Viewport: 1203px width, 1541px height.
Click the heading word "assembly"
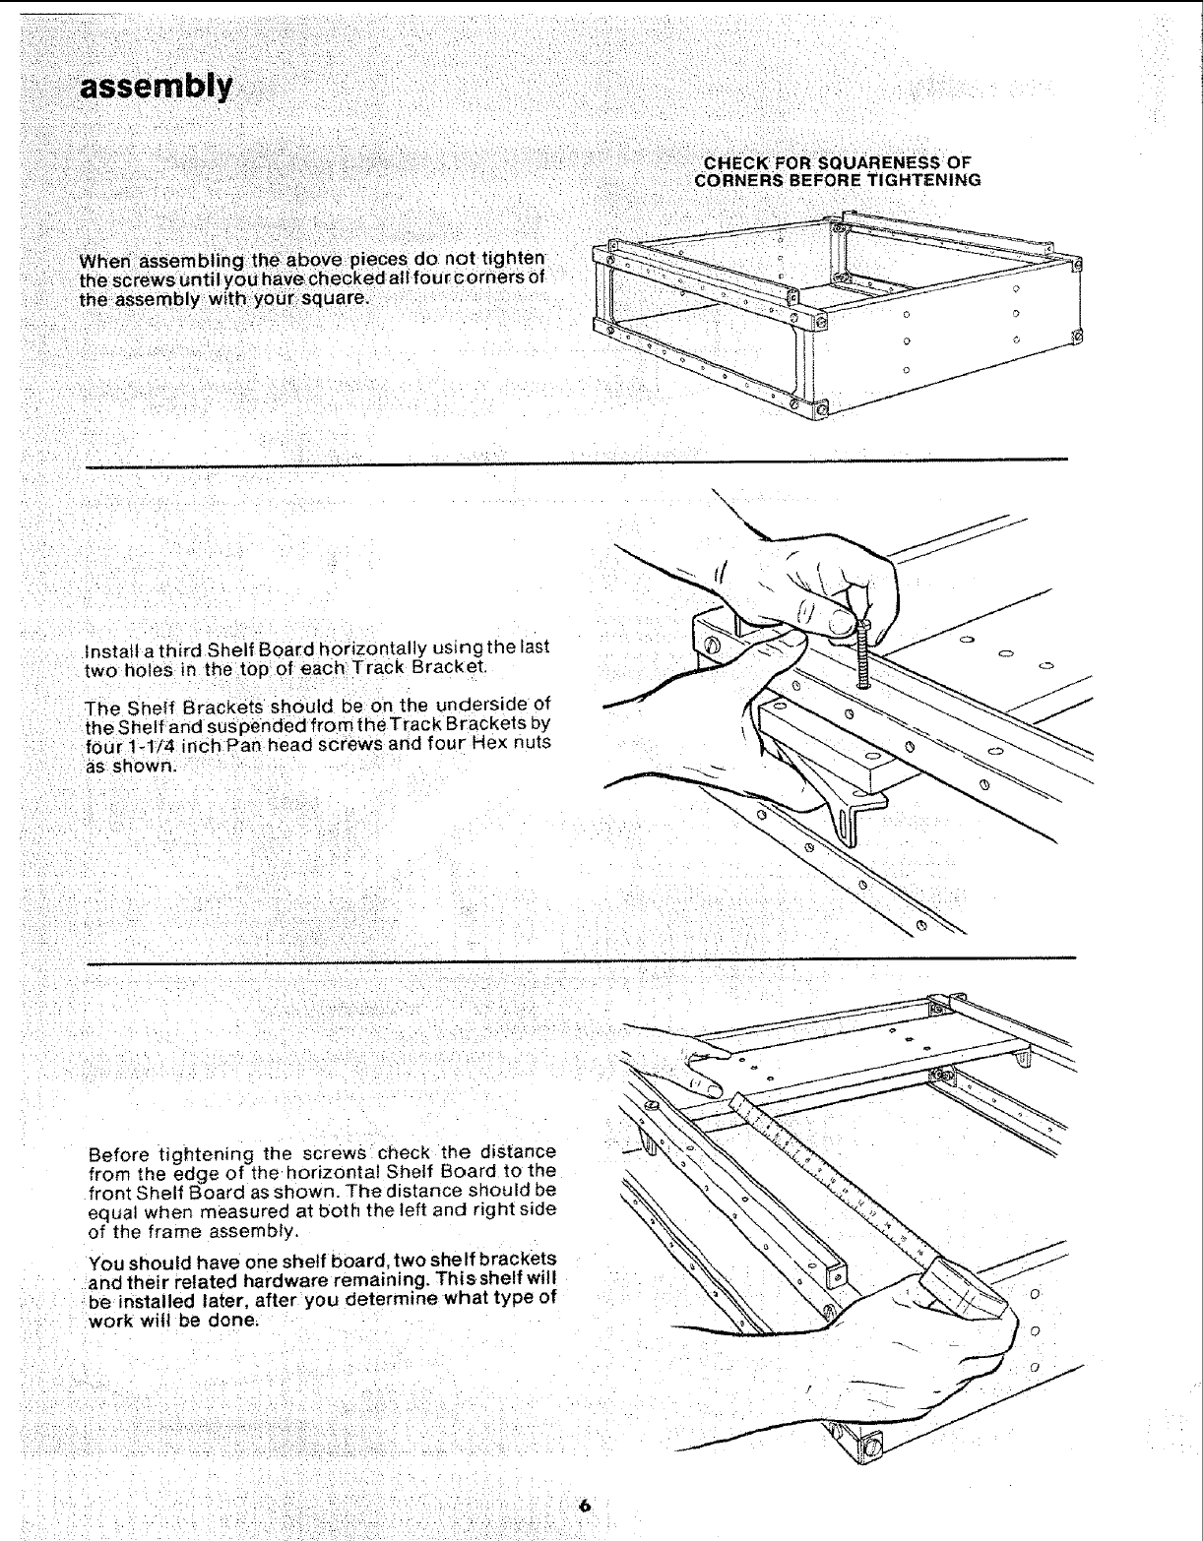click(157, 89)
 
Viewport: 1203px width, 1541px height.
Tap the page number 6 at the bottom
click(585, 1505)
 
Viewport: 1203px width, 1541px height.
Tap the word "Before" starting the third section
click(119, 1152)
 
